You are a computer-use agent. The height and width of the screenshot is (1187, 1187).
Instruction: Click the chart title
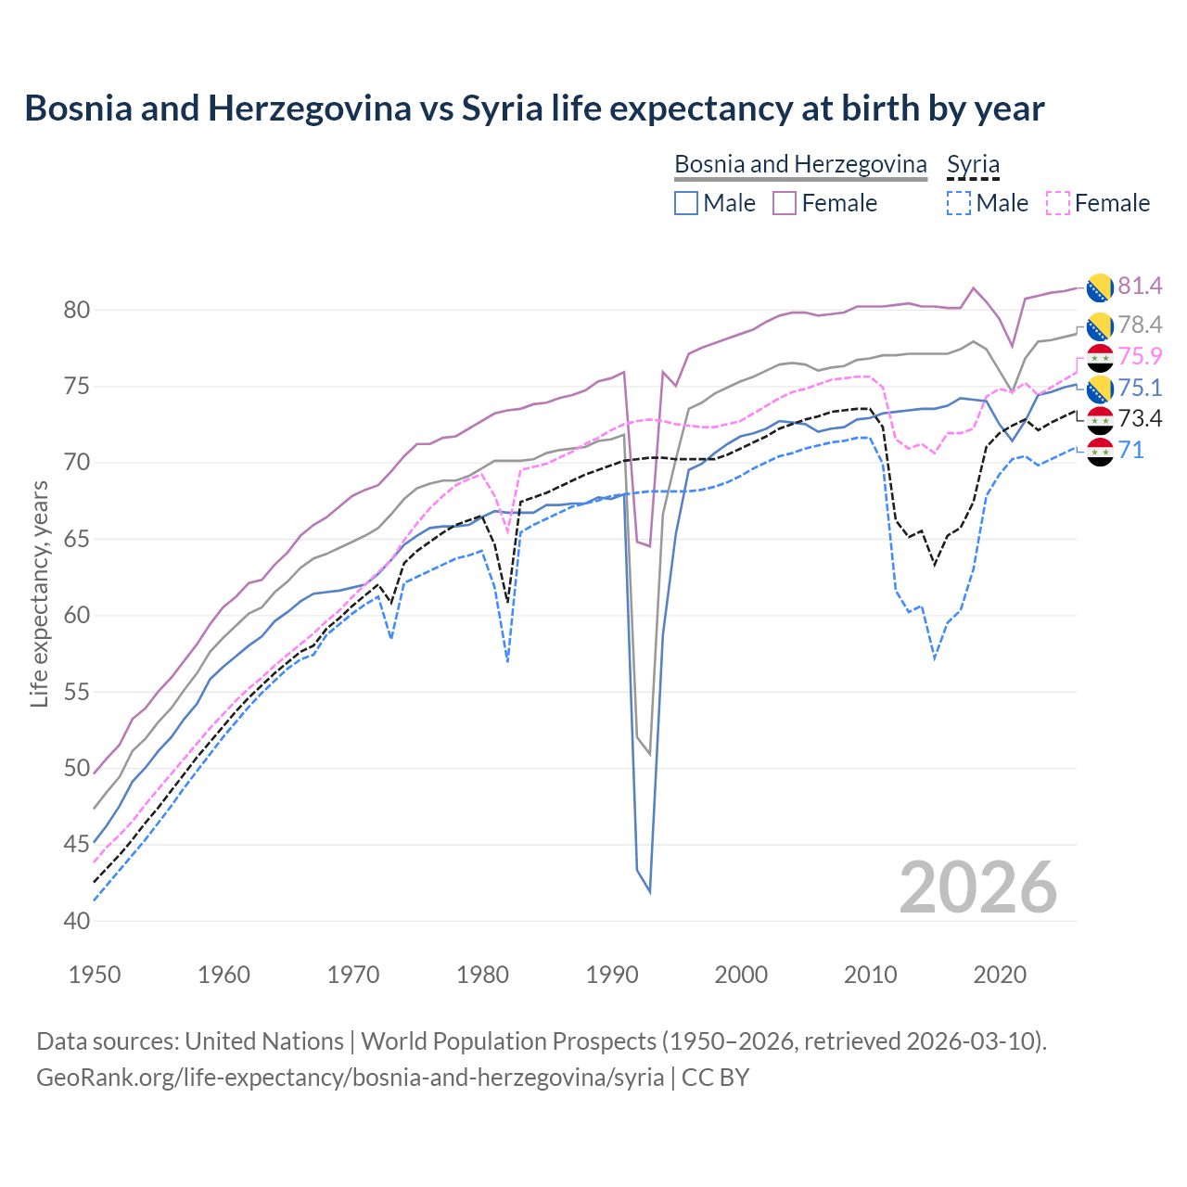tap(534, 108)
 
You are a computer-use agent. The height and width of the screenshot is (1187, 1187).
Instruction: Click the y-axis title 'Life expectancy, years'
tap(39, 593)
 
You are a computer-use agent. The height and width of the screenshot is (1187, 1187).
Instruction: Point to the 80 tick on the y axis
tap(77, 310)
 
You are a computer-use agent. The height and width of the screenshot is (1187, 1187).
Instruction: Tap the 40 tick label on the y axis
tap(77, 921)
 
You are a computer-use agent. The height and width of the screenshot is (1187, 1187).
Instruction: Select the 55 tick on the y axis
tap(77, 692)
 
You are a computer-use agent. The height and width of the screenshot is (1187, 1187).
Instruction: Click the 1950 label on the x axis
tap(95, 975)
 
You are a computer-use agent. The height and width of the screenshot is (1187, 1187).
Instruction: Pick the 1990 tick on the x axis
tap(612, 975)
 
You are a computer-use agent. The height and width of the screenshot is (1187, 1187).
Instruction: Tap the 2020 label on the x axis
tap(1000, 975)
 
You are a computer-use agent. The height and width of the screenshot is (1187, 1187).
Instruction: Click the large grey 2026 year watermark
tap(978, 887)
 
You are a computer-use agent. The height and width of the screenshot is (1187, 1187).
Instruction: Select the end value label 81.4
tap(1140, 286)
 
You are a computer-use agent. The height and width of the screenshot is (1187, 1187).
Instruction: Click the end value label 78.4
tap(1140, 325)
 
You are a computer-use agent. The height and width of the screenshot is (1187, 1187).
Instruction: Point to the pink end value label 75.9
tap(1140, 356)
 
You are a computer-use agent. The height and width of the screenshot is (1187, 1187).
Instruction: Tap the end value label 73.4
tap(1140, 418)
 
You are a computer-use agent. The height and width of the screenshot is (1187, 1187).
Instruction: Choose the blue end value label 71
tap(1130, 451)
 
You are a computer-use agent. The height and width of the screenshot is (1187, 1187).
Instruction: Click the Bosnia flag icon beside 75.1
tap(1100, 389)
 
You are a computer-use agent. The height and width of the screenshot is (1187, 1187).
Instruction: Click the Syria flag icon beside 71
tap(1100, 452)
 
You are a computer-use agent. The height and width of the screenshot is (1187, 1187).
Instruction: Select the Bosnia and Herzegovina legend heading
tap(800, 164)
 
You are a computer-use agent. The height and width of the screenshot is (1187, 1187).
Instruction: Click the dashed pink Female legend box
tap(1058, 203)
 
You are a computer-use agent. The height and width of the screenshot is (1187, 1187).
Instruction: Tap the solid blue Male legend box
tap(686, 203)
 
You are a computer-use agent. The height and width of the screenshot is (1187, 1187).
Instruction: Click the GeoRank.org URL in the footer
tap(350, 1078)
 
